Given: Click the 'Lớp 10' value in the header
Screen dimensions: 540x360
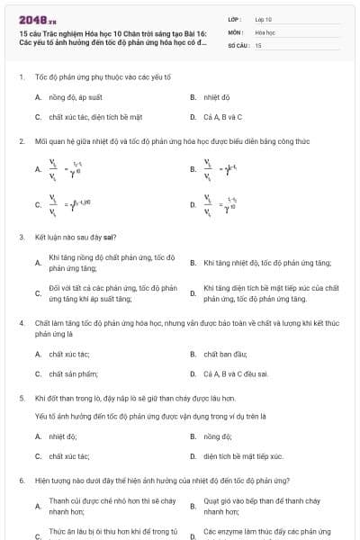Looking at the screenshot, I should click(x=264, y=18).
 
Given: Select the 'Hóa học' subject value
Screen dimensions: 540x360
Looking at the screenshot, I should click(x=265, y=31).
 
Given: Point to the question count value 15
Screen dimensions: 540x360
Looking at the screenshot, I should click(x=258, y=44).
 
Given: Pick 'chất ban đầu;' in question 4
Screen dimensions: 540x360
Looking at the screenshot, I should click(x=219, y=354).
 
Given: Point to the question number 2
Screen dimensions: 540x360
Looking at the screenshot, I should click(x=21, y=141).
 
